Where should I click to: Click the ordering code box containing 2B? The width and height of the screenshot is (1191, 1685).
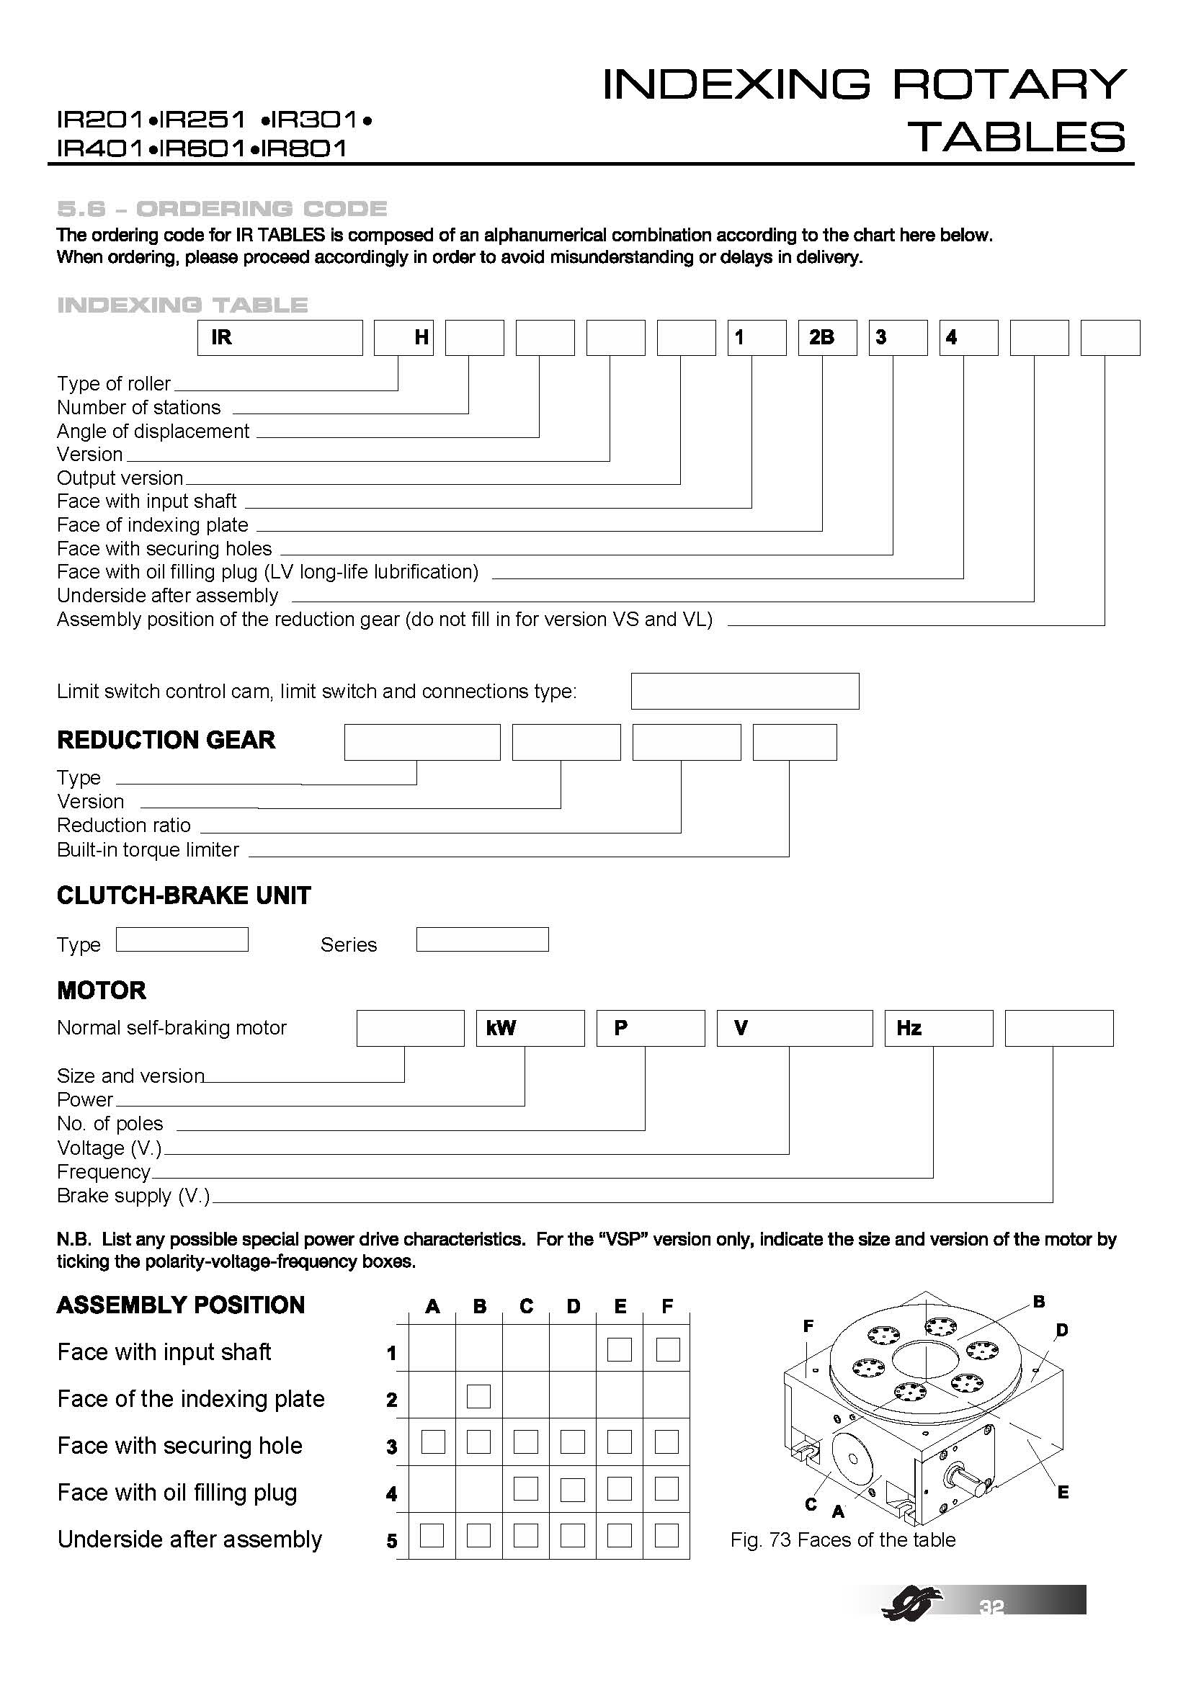827,338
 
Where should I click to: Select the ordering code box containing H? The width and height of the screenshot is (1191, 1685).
403,338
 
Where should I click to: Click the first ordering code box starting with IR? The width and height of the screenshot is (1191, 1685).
280,338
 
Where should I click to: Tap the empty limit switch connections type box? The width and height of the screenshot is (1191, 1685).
744,691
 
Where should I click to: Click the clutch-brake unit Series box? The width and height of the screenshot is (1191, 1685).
482,939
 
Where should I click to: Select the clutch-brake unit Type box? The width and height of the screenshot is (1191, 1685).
182,939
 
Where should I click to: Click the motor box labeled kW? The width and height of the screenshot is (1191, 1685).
530,1027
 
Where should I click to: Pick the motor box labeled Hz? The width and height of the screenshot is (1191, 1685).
939,1027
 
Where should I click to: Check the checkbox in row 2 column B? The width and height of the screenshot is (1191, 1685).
478,1396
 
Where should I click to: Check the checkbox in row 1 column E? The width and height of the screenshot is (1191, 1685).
620,1349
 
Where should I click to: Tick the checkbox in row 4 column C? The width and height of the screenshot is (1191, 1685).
525,1489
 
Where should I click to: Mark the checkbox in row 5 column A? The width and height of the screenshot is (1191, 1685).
432,1536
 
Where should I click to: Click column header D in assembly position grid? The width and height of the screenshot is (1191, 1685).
573,1306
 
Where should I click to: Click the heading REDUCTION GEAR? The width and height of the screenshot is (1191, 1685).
166,740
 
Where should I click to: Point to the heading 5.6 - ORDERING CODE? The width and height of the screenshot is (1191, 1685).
222,209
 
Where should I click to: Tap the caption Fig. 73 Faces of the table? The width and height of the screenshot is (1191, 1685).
842,1539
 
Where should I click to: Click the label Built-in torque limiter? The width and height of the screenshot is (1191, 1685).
148,849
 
